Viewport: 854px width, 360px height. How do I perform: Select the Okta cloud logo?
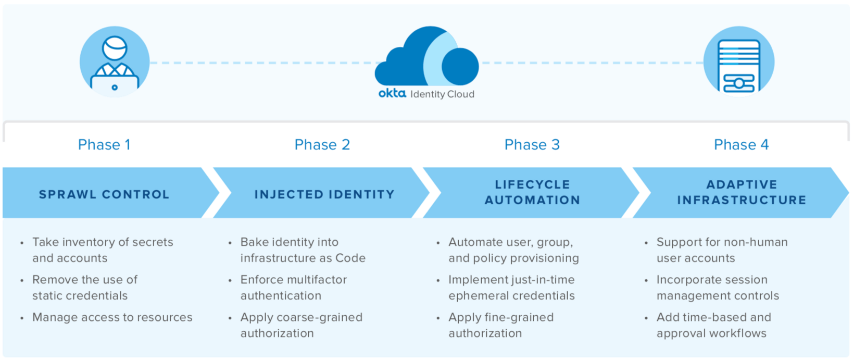[427, 57]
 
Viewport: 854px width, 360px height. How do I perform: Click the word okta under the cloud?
[392, 93]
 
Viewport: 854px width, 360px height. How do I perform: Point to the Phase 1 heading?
[104, 145]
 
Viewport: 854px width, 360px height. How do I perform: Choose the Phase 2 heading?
[322, 145]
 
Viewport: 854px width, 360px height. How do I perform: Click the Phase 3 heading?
[532, 145]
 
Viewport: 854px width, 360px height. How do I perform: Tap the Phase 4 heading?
[741, 145]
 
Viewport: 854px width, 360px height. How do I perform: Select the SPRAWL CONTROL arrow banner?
[104, 194]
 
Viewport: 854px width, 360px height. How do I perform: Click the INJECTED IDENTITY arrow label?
[324, 194]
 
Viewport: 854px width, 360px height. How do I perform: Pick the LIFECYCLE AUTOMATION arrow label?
[532, 192]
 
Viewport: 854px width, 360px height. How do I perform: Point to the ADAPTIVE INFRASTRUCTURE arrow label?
[742, 192]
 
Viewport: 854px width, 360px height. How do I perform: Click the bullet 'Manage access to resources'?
[112, 317]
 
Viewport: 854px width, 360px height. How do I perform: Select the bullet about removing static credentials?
[84, 288]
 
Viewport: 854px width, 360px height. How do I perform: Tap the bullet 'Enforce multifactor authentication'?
[293, 288]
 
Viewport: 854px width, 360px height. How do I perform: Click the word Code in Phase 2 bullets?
[350, 258]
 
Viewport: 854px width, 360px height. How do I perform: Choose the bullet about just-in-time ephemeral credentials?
[511, 288]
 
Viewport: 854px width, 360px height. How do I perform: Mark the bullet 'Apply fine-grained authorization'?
[501, 325]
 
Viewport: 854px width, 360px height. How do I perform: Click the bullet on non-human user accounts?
[722, 250]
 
